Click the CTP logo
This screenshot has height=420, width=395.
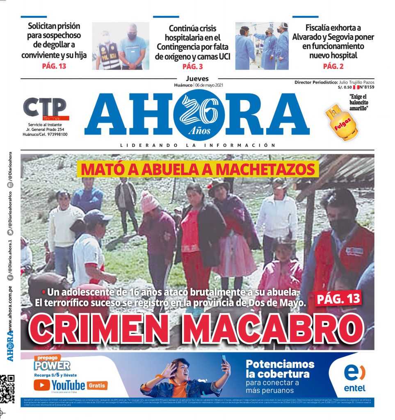point(45,108)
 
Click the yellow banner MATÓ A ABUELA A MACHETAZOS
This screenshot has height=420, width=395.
point(198,169)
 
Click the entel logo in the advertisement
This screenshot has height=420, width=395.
point(354,377)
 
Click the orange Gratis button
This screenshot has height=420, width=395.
point(97,385)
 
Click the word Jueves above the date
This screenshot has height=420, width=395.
point(197,79)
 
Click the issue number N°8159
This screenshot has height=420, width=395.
point(366,87)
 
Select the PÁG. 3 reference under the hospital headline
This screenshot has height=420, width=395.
point(192,66)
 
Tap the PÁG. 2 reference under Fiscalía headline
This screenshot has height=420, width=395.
point(333,66)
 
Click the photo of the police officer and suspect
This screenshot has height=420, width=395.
point(120,46)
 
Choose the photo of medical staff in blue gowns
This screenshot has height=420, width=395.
point(262,46)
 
